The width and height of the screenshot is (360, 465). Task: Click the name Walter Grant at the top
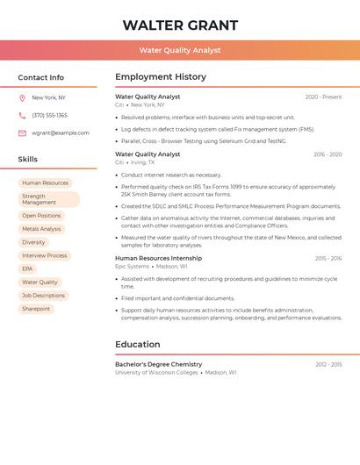click(x=180, y=25)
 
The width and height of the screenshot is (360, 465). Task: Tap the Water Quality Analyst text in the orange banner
click(x=180, y=50)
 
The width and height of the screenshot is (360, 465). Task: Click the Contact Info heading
click(x=41, y=77)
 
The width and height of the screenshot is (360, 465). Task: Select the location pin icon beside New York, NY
click(x=22, y=97)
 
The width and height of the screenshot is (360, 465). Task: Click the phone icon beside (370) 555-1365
click(x=22, y=115)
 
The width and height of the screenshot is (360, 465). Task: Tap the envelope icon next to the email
click(x=22, y=133)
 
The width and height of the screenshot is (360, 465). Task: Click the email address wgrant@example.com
click(x=61, y=133)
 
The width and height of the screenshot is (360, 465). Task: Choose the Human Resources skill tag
click(x=46, y=183)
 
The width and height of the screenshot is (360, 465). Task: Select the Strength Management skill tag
click(x=48, y=199)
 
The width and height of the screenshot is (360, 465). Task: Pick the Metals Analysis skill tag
click(x=42, y=229)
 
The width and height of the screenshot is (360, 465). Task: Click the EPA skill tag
click(x=27, y=268)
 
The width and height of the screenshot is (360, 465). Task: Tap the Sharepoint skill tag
click(x=36, y=309)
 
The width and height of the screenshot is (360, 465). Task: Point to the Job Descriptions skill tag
click(x=44, y=296)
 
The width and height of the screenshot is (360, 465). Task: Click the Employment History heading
click(x=161, y=76)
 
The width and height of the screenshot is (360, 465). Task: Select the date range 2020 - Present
click(x=323, y=97)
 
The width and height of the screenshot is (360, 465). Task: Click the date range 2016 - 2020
click(x=328, y=154)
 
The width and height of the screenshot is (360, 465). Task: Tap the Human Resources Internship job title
click(x=158, y=259)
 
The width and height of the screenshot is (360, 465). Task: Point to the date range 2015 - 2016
click(x=328, y=259)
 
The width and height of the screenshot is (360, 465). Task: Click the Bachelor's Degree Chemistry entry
click(x=158, y=364)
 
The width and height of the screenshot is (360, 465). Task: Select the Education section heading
click(x=138, y=344)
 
